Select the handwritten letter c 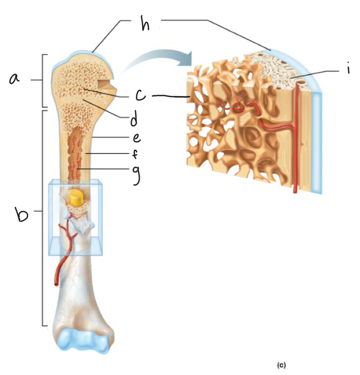click(140, 94)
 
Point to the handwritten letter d click(134, 120)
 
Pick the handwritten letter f click(135, 154)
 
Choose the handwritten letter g click(136, 172)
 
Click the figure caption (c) click(282, 365)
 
